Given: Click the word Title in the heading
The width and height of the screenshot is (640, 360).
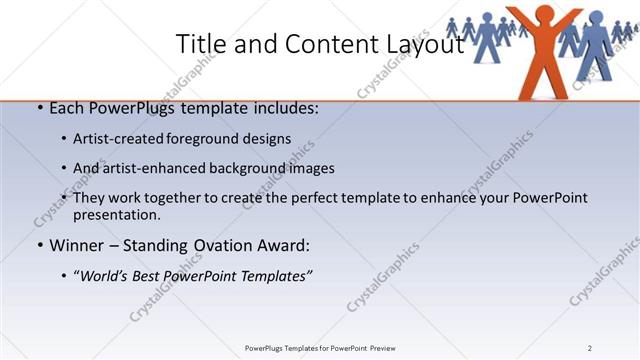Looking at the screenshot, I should [198, 44].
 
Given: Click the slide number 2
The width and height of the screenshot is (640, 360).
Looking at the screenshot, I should [590, 348].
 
